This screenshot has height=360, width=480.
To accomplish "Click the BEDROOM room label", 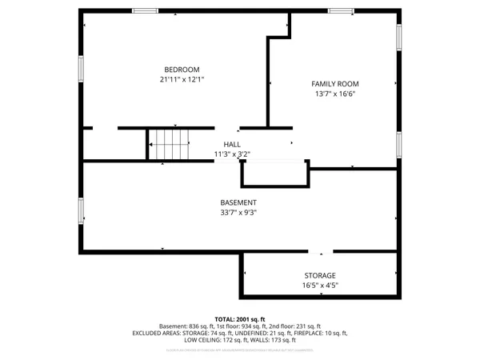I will point(182,70).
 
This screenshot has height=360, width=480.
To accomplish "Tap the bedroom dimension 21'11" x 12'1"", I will point(182,79).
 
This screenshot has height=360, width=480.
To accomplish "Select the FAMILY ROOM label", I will point(334,84).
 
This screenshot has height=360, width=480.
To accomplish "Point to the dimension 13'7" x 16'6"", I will point(334,94).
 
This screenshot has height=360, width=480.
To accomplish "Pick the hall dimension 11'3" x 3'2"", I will point(232,154).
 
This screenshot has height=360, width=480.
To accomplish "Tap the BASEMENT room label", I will point(238,203).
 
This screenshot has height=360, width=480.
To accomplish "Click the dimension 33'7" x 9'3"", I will point(238,213).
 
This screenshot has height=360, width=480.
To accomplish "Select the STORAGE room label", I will point(319,275).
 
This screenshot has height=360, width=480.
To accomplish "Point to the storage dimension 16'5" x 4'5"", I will point(319,285).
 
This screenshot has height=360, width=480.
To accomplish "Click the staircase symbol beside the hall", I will point(170,145).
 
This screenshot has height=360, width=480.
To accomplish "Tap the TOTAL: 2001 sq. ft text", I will point(239,319).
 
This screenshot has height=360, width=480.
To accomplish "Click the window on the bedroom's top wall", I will point(145,10).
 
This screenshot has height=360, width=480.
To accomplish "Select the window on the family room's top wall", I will point(341,10).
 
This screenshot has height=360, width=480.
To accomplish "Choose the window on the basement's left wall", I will point(80,210).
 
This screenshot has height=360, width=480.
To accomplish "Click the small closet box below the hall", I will point(274,174).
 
